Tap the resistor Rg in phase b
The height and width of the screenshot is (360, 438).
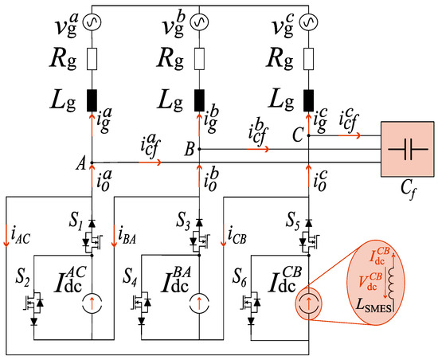pyautogui.click(x=199, y=60)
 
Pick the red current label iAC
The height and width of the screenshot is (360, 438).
pyautogui.click(x=18, y=233)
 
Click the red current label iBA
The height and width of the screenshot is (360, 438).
pyautogui.click(x=127, y=233)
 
